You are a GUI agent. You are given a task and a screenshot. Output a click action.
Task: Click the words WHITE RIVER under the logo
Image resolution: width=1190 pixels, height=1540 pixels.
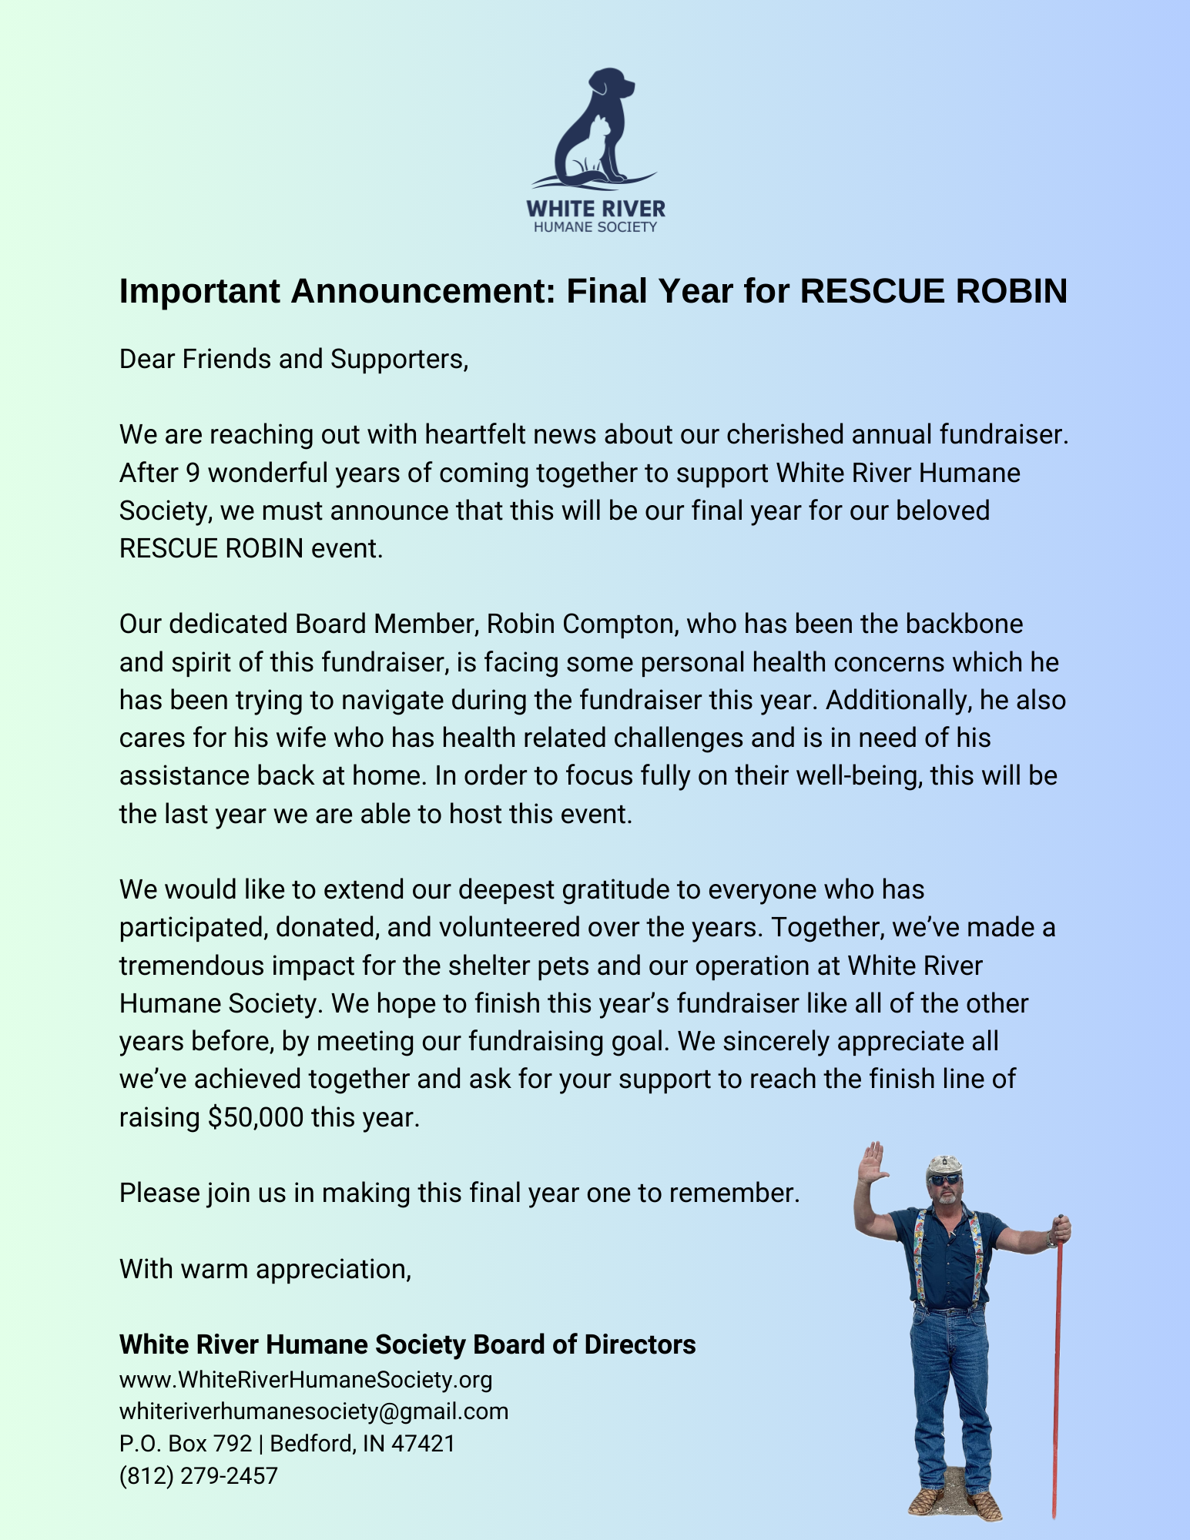(x=595, y=209)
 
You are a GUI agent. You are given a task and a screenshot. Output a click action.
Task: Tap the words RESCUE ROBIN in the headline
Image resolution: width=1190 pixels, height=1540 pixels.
(x=934, y=292)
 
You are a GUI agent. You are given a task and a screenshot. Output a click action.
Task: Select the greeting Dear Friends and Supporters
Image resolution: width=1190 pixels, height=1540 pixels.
(x=293, y=360)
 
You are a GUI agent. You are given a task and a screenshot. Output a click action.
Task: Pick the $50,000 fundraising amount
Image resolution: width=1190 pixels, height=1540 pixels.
(x=256, y=1117)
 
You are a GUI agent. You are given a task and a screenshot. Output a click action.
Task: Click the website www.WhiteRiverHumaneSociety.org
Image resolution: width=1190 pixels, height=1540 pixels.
(x=306, y=1379)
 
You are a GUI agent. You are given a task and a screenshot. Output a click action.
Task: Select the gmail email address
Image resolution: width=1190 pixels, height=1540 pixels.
(x=313, y=1411)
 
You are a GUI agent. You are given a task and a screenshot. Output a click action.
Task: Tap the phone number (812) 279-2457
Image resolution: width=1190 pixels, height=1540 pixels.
(x=198, y=1476)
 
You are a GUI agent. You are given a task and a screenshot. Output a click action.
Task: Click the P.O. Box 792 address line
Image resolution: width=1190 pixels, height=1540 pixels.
(x=287, y=1444)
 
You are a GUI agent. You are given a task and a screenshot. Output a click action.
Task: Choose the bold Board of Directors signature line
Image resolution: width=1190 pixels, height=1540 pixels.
(x=407, y=1344)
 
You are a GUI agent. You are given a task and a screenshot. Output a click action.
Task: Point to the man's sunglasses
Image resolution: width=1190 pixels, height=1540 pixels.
(x=944, y=1180)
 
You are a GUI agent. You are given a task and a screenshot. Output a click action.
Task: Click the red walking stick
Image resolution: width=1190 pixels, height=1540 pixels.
(x=1057, y=1363)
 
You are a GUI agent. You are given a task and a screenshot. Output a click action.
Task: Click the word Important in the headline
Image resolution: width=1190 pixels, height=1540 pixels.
(x=199, y=292)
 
